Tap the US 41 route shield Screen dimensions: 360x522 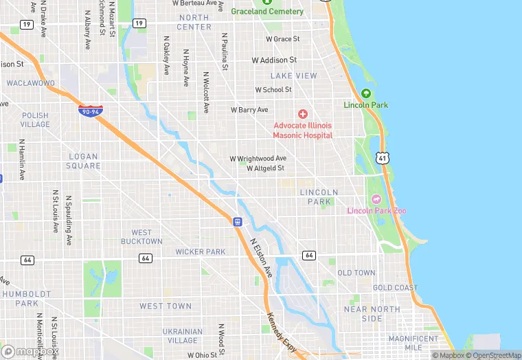click(x=383, y=159)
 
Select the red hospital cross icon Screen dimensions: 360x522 click(x=302, y=114)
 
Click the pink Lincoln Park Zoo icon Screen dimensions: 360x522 click(x=376, y=199)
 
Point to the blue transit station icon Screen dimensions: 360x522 click(x=237, y=221)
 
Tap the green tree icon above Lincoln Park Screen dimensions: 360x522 click(x=365, y=93)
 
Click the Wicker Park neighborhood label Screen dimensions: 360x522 click(x=200, y=252)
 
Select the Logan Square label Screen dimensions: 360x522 click(x=83, y=161)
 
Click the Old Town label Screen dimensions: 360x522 click(x=356, y=273)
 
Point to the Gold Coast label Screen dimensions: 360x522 click(x=395, y=288)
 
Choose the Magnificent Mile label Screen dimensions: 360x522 click(x=413, y=343)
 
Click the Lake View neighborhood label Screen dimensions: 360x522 click(x=293, y=76)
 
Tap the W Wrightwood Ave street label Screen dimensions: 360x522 click(x=258, y=158)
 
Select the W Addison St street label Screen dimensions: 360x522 click(x=274, y=60)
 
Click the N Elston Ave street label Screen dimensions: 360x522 click(x=261, y=258)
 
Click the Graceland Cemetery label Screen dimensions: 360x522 click(x=267, y=12)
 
